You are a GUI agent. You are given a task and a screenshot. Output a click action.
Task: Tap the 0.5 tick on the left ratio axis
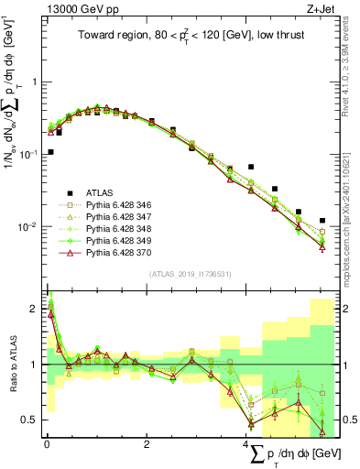click(x=30, y=420)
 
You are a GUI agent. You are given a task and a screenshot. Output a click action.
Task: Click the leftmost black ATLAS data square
click(x=50, y=152)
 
